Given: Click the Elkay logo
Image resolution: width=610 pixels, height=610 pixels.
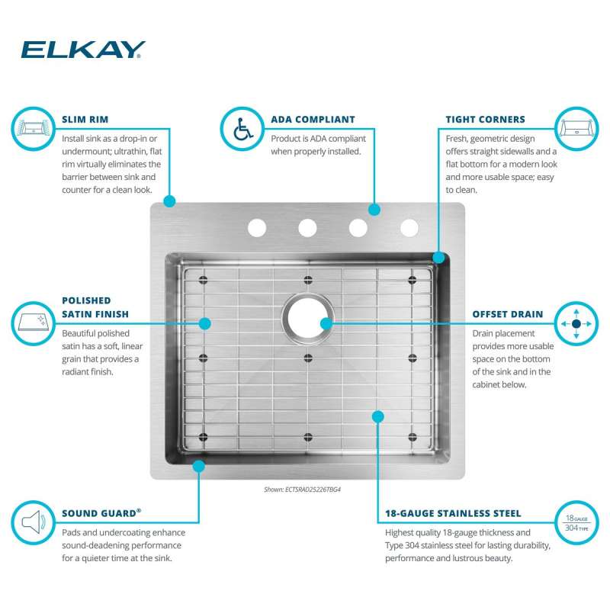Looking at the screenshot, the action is (83, 50).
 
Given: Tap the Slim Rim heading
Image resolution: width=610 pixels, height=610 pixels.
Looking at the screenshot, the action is (85, 120).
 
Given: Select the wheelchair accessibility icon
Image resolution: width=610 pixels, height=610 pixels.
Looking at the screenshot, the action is (242, 129).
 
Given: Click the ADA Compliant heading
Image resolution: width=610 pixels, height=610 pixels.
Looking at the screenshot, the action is (313, 120).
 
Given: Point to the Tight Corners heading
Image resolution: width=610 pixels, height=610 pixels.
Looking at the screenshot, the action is (485, 120).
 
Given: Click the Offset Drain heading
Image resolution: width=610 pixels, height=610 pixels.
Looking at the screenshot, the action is (507, 314).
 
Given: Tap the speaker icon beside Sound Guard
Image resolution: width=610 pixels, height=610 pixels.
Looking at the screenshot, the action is (33, 522).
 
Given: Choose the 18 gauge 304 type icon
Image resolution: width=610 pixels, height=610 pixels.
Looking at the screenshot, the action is (576, 522).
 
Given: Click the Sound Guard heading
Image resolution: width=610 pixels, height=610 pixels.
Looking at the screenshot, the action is (101, 513).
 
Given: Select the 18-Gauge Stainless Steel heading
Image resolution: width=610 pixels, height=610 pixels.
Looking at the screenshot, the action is (453, 513).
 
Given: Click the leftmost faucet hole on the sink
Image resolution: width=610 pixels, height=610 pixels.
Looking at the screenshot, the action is (257, 228).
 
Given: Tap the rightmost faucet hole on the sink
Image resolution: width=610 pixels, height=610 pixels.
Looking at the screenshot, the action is (409, 228).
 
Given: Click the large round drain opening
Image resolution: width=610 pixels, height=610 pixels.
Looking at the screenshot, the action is (308, 318).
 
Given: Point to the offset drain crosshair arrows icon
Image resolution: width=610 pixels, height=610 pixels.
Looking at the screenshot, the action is (576, 323).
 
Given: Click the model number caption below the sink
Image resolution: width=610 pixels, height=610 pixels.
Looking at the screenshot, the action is (302, 490).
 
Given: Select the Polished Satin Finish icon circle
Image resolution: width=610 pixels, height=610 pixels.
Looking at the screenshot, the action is (33, 323).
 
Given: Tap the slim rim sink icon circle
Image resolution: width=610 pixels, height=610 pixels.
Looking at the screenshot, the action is (33, 129).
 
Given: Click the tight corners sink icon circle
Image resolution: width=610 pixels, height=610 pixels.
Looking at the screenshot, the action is (576, 129).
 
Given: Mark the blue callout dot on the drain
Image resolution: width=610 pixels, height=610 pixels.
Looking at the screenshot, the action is (326, 323).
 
